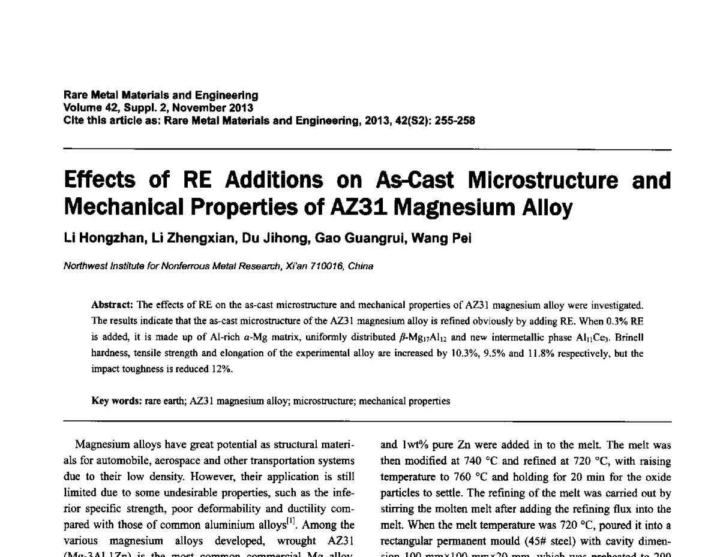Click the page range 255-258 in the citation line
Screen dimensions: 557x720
453,121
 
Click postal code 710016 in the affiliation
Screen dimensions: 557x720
323,266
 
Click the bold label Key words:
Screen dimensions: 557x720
116,401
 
